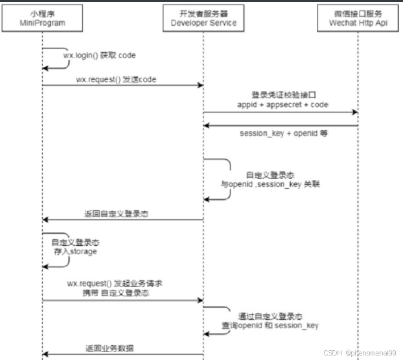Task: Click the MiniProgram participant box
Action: pos(43,20)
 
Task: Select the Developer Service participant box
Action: pos(203,20)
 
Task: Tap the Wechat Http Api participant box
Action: pos(358,20)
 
